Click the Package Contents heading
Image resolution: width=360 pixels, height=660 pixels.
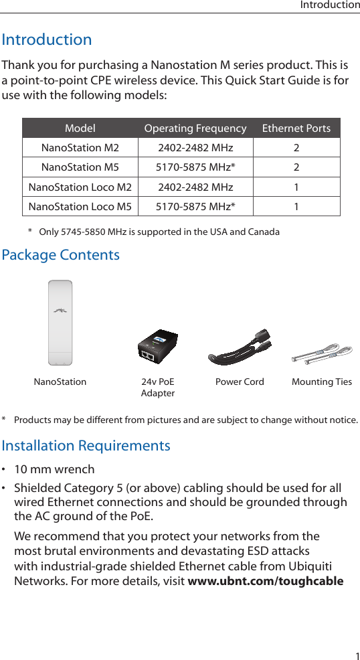coord(61,255)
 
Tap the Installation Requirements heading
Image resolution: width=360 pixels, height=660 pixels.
coord(86,446)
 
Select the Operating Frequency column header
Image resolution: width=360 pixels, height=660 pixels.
coord(195,129)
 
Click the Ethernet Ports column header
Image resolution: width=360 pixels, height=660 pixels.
coord(296,129)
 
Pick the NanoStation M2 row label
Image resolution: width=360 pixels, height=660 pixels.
coord(80,148)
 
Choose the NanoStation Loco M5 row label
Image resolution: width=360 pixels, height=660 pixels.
coord(80,206)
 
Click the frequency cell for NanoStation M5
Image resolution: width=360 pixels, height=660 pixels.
coord(195,167)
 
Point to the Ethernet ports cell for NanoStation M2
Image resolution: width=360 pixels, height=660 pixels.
coord(296,148)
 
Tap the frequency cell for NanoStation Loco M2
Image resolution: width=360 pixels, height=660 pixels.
coord(195,187)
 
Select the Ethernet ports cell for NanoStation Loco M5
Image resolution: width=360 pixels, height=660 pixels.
coord(296,206)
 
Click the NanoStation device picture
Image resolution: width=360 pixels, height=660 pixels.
coord(60,323)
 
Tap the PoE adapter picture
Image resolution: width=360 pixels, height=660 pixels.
coord(157,347)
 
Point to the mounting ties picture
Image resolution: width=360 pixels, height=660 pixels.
coord(322,353)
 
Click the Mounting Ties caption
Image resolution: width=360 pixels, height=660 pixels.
coord(322,382)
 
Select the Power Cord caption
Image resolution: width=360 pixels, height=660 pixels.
coord(240,382)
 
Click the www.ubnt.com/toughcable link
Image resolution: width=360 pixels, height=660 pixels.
coord(266,580)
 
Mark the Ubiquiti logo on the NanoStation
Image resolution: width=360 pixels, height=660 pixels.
coord(60,311)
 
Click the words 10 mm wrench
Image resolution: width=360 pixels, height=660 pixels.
coord(54,469)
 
